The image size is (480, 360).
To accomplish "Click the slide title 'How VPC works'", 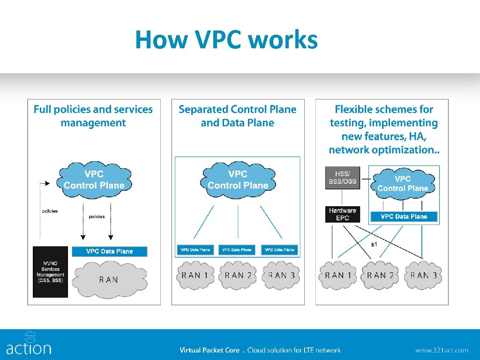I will click(226, 40).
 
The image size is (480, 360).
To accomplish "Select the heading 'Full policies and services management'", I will click(93, 116).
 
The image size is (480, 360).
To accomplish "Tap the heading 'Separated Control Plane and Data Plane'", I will click(238, 116).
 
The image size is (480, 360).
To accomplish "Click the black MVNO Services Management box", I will click(50, 271).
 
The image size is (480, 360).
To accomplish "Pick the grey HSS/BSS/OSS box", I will click(343, 178).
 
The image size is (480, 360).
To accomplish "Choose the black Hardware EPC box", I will click(343, 214).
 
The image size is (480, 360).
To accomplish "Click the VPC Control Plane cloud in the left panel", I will click(94, 180).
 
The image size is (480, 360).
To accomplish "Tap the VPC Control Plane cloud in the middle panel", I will click(238, 180).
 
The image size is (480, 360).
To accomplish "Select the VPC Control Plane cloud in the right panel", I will click(403, 183).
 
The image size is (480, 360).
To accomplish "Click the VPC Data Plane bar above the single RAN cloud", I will click(109, 251).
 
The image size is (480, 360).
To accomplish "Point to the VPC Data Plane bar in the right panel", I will click(404, 217).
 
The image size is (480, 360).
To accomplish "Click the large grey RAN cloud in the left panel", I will click(109, 279).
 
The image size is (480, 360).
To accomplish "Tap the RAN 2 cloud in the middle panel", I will click(238, 275).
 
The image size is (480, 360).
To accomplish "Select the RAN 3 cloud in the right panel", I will click(423, 275).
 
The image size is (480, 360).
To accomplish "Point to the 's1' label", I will click(374, 244).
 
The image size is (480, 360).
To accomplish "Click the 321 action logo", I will click(29, 344).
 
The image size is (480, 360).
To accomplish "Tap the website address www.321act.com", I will click(441, 350).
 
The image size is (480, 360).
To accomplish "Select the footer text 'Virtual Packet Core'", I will click(210, 350).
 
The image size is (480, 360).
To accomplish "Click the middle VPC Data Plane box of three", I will click(237, 250).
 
